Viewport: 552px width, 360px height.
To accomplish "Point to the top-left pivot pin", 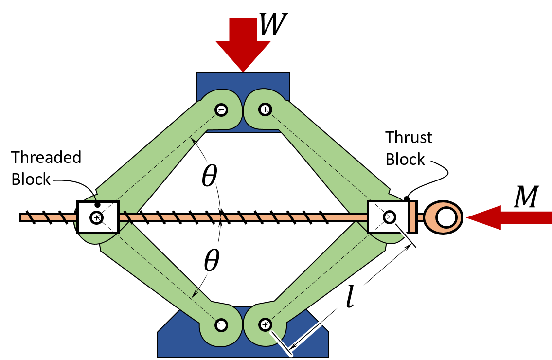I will click(x=221, y=110).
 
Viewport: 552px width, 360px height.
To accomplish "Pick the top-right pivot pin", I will click(x=265, y=109).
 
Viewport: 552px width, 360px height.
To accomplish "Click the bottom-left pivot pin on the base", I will click(x=221, y=325).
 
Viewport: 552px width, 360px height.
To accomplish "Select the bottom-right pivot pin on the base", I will click(x=265, y=324).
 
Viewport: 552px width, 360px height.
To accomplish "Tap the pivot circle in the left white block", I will click(x=97, y=217).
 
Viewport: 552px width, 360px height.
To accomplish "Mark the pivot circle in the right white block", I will click(x=390, y=217).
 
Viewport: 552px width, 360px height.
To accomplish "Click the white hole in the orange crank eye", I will click(x=446, y=217).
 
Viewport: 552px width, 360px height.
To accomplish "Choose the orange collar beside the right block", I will click(x=412, y=217).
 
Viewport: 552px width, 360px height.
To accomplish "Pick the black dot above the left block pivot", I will click(x=97, y=205).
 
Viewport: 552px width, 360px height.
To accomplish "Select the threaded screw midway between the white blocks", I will click(x=243, y=217).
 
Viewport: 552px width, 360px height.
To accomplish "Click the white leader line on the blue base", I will click(x=281, y=343).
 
